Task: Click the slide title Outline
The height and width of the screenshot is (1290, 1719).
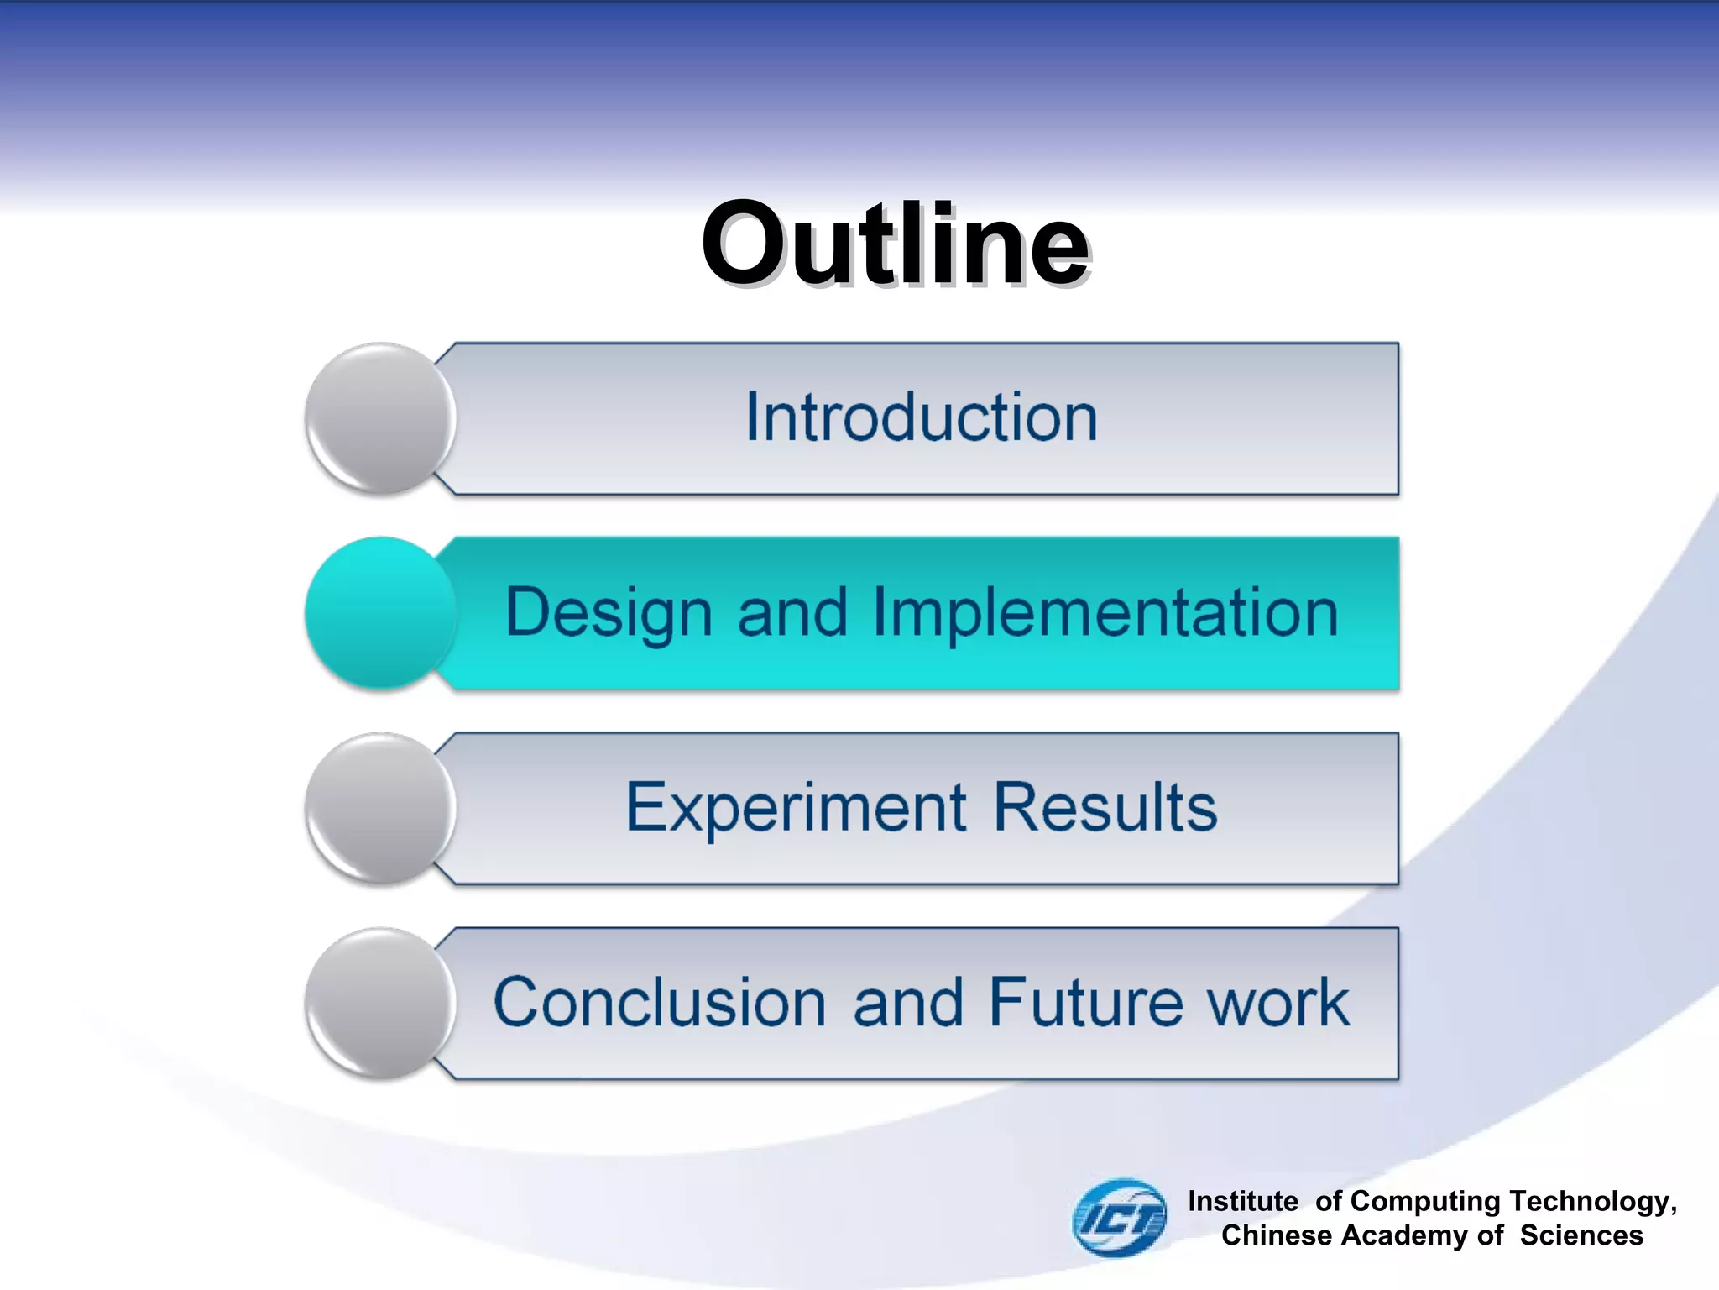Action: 895,245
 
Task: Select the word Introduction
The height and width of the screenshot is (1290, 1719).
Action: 921,417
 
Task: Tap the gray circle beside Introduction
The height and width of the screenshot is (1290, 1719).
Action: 380,417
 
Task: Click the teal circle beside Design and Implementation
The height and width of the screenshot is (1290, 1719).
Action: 380,612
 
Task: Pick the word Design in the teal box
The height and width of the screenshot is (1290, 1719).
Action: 609,614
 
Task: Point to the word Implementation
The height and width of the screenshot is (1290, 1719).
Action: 1105,614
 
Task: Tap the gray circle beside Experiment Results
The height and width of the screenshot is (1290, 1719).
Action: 380,808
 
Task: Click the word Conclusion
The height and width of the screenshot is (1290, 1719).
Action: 660,1003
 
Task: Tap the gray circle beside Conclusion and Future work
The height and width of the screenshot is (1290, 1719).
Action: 380,1003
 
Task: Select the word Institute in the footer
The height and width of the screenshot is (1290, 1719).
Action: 1242,1201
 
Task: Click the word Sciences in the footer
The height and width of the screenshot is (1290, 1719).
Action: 1581,1235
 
